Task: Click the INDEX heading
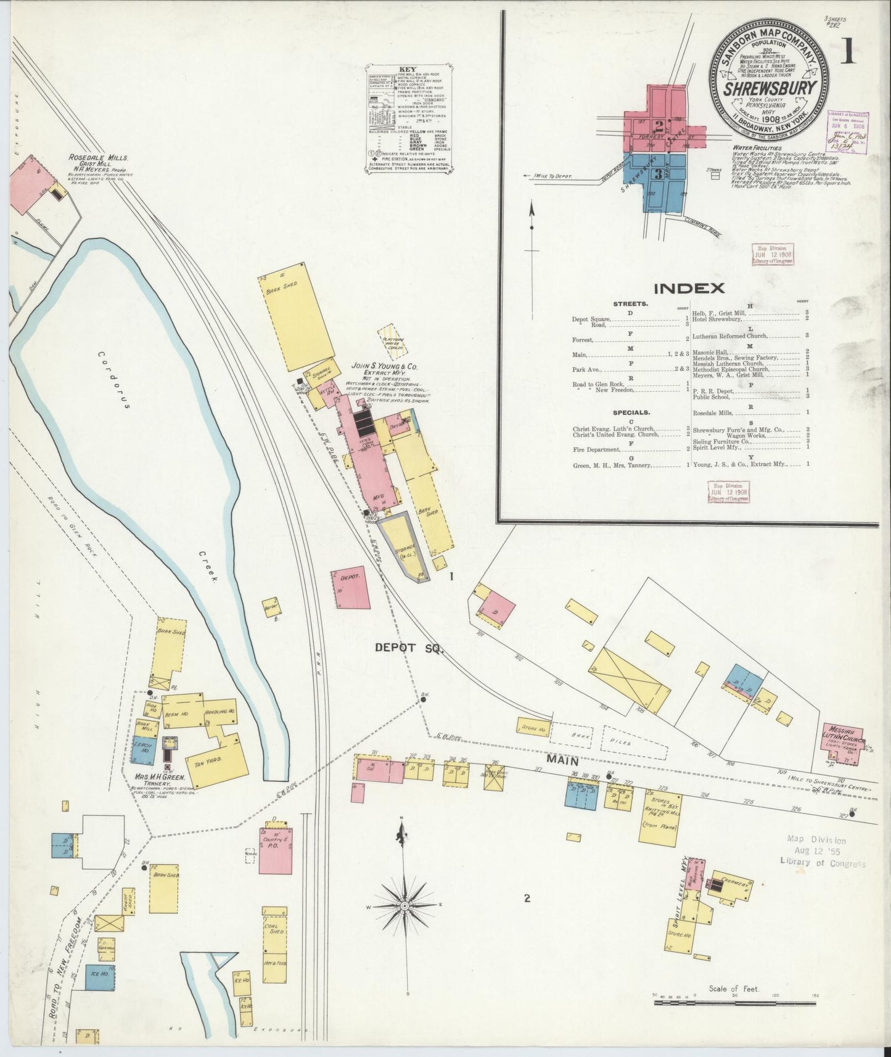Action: coord(689,287)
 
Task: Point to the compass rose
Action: coord(404,905)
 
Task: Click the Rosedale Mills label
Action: coord(99,158)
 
